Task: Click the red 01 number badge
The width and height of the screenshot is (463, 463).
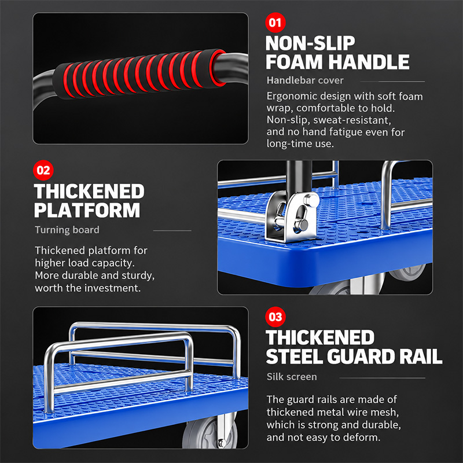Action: click(275, 23)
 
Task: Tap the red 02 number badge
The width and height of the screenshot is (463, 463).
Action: click(43, 170)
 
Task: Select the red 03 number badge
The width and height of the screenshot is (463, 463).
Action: click(275, 317)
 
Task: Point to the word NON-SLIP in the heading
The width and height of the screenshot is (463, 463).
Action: click(310, 43)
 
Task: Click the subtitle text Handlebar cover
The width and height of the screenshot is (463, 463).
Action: click(305, 80)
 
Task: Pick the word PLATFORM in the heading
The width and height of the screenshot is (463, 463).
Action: click(87, 210)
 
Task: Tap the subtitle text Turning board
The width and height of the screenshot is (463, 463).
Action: click(67, 230)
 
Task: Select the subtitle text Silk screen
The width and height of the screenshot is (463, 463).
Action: click(292, 377)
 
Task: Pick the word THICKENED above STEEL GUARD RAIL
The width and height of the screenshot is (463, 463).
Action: click(320, 337)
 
